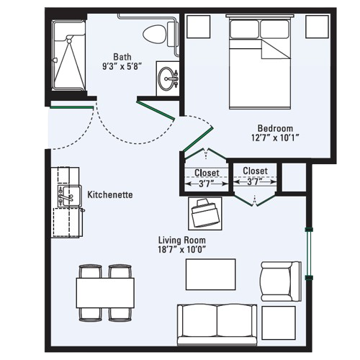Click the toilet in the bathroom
tap(159, 34)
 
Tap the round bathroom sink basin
tap(166, 78)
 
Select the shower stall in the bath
tap(69, 55)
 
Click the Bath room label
tap(122, 57)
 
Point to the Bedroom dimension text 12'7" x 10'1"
tap(275, 138)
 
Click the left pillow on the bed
tap(244, 30)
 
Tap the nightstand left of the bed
tap(199, 27)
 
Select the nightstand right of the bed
tap(317, 27)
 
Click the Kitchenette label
tap(110, 194)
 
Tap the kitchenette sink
tap(69, 196)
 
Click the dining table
tap(105, 293)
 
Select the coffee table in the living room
tap(210, 274)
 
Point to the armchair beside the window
tap(281, 282)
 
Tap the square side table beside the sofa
tap(279, 323)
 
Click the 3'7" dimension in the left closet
tap(206, 184)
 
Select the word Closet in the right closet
tap(255, 171)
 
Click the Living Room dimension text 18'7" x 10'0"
tap(182, 250)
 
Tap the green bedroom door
tap(198, 140)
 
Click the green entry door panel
tap(71, 107)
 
